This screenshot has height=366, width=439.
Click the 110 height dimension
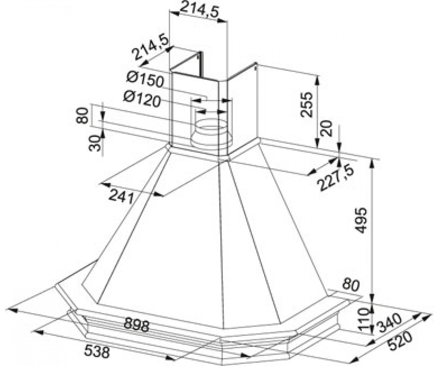tap(363, 322)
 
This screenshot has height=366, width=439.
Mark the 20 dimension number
tap(326, 128)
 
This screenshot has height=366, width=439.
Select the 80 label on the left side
tap(82, 116)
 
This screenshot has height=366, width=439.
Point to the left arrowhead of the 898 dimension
tap(11, 310)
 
